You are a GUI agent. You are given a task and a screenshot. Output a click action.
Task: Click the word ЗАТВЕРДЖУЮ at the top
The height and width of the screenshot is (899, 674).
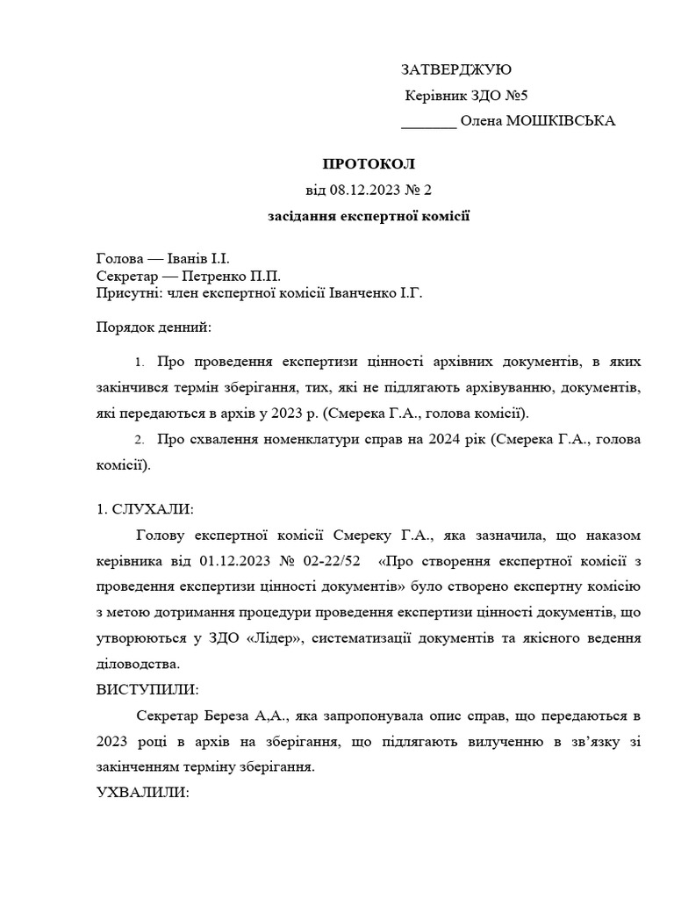point(455,70)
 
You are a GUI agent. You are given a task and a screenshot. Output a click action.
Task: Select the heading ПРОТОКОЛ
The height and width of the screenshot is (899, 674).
point(368,164)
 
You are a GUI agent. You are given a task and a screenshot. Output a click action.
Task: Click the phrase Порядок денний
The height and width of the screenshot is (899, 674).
point(154,327)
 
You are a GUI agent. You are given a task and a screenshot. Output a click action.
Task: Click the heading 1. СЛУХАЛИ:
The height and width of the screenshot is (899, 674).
point(145,508)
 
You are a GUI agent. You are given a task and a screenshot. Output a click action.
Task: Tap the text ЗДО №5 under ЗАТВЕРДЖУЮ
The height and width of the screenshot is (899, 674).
point(504,96)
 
